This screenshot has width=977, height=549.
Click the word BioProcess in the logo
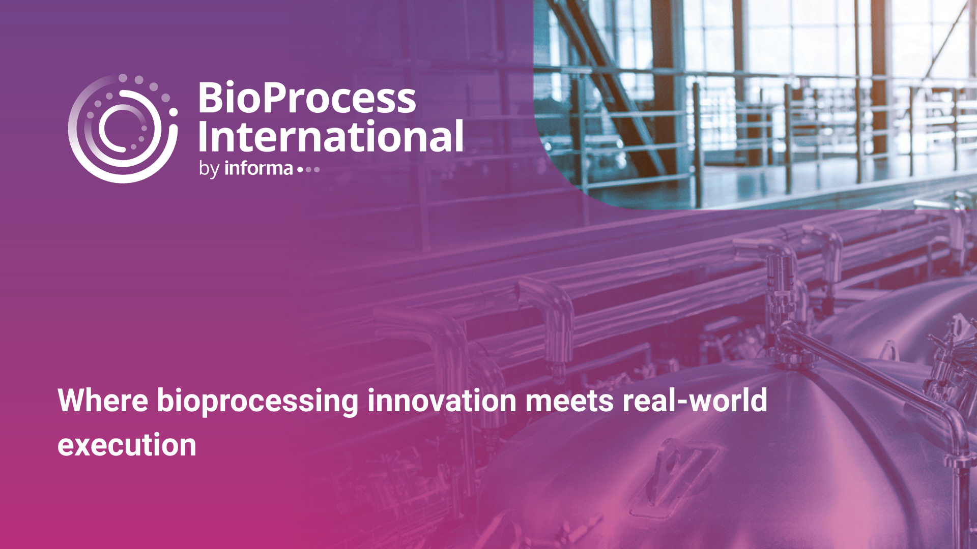pyautogui.click(x=307, y=98)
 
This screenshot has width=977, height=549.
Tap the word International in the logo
pyautogui.click(x=331, y=136)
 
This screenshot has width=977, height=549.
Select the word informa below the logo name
pyautogui.click(x=258, y=168)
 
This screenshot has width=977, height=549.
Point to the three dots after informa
pyautogui.click(x=308, y=170)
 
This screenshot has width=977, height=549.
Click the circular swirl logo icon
pyautogui.click(x=123, y=129)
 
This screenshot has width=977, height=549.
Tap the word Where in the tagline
pyautogui.click(x=103, y=401)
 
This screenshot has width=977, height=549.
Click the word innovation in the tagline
pyautogui.click(x=442, y=401)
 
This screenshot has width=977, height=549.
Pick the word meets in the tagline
pyautogui.click(x=569, y=402)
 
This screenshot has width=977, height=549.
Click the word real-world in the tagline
pyautogui.click(x=695, y=400)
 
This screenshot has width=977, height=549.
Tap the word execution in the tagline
pyautogui.click(x=127, y=445)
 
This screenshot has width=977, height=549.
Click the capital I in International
pyautogui.click(x=202, y=136)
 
